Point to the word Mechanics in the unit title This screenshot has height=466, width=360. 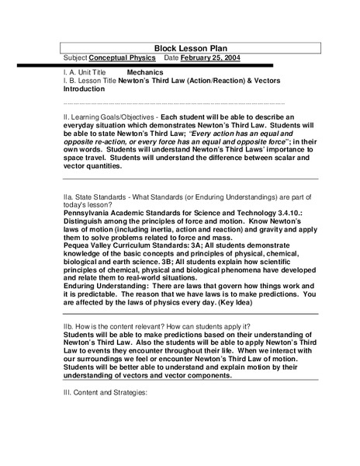click(145, 72)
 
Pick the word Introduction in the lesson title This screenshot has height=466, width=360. click(84, 89)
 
